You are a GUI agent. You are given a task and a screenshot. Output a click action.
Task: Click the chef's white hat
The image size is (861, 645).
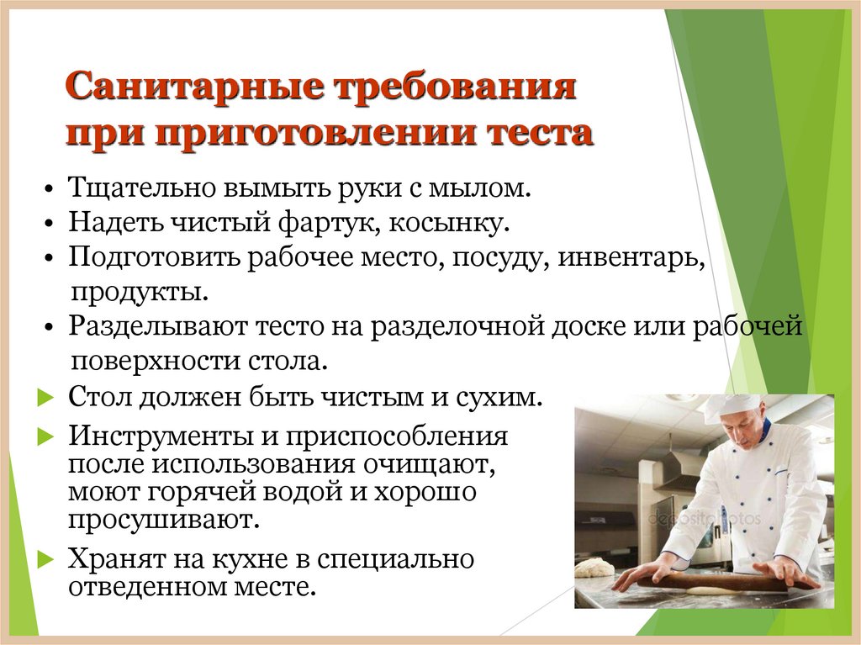729,407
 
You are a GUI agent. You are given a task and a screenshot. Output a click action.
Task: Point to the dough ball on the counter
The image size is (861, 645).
594,568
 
